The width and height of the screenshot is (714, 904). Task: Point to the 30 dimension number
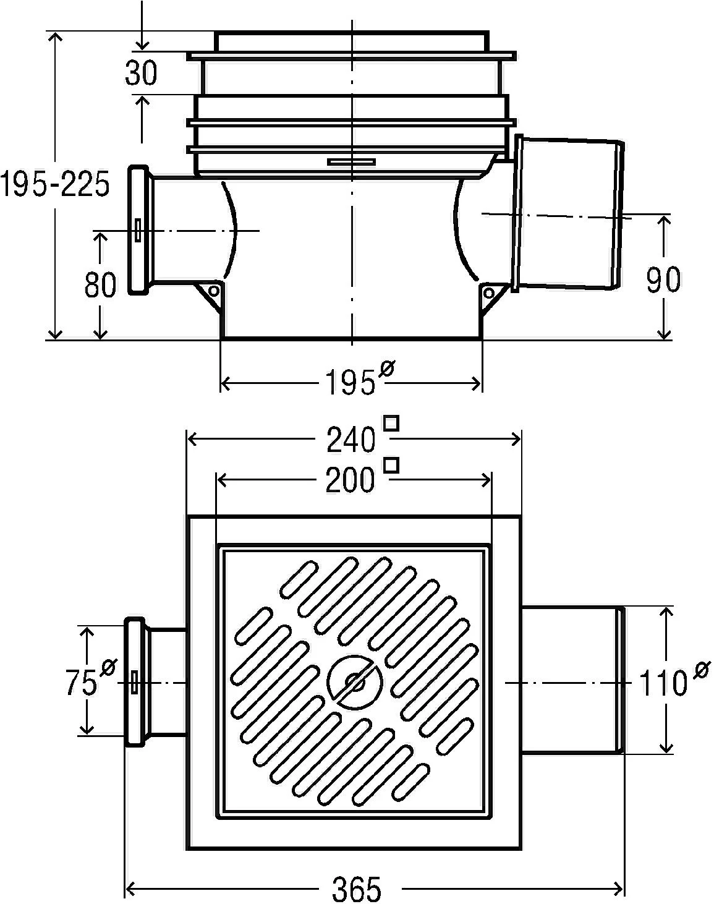tap(142, 73)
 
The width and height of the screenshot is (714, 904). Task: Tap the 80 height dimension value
tap(100, 285)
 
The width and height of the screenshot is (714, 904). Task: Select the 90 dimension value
tap(663, 279)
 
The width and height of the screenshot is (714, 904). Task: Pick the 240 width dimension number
tap(351, 440)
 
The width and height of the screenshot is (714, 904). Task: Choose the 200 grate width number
tap(351, 480)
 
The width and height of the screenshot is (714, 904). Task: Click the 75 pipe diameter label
tap(81, 683)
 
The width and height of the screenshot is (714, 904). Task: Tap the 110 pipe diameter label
tap(663, 684)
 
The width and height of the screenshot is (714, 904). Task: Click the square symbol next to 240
tap(391, 424)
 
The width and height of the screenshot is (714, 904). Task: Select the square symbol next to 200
tap(391, 464)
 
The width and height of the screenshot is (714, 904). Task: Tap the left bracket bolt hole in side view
tap(213, 291)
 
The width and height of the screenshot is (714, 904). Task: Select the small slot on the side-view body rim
tap(352, 162)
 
